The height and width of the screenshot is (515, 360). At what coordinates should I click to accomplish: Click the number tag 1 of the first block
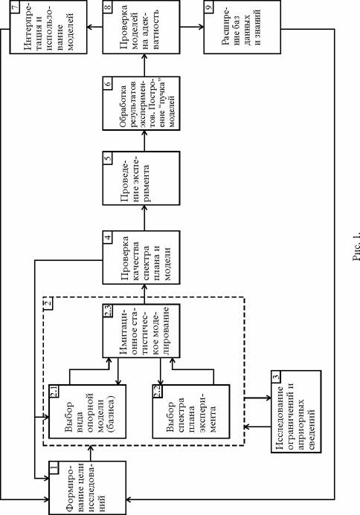coord(54,467)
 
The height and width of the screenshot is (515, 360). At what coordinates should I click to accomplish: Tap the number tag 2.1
coord(54,392)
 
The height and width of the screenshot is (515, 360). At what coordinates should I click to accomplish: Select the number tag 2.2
coord(158,392)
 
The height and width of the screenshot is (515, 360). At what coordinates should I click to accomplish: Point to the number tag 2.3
coord(108,311)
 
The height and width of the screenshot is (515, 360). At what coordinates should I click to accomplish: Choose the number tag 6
coord(108,82)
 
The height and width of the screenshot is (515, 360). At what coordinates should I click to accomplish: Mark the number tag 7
coord(15,6)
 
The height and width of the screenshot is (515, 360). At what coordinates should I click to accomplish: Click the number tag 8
coord(108,6)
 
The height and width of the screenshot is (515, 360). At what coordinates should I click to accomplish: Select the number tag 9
coord(209,6)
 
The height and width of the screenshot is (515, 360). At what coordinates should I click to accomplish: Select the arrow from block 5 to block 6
coord(144,141)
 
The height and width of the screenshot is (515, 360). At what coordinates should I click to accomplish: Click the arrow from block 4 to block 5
coord(144,218)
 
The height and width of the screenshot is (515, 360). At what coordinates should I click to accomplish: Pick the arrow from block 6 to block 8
coord(144,65)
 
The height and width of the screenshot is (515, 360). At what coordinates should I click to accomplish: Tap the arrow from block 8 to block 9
coord(192,27)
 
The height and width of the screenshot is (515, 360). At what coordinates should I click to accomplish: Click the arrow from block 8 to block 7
coord(94,27)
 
